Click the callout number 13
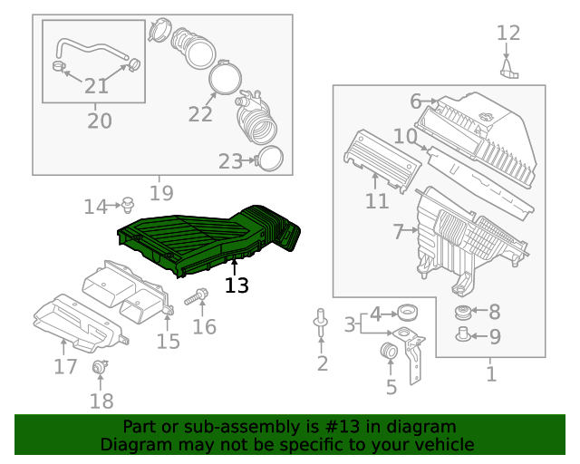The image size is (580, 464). [x=236, y=285]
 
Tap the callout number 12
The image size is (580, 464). [x=508, y=34]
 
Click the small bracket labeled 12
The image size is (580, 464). [x=510, y=70]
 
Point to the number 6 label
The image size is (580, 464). [x=415, y=101]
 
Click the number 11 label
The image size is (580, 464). [x=377, y=201]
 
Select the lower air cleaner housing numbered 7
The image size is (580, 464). [x=462, y=240]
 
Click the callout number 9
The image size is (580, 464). [x=494, y=338]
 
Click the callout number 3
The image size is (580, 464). [x=349, y=324]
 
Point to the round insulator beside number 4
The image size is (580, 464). [x=408, y=314]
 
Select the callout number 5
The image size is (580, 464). [x=391, y=388]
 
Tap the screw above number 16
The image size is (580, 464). [x=200, y=295]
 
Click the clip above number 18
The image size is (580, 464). [x=101, y=368]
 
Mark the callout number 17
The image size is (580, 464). [x=65, y=367]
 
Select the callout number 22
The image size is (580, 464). [x=200, y=114]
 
